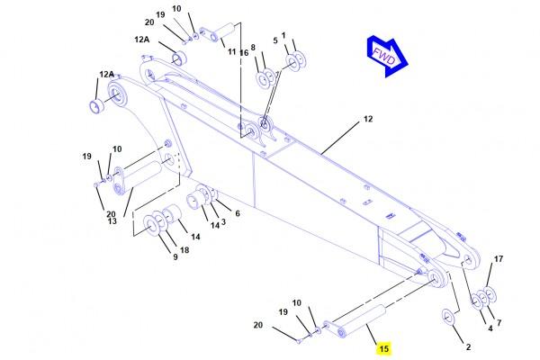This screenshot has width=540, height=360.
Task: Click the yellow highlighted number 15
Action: tap(383, 348)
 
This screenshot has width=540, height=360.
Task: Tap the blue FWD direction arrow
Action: tap(387, 56)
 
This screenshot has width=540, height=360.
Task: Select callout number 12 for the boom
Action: tap(368, 119)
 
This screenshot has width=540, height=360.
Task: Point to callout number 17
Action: tap(499, 258)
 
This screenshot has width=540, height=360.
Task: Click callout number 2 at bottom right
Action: tap(468, 346)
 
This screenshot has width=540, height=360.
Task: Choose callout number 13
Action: tap(112, 221)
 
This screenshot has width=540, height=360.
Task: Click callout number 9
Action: tap(175, 256)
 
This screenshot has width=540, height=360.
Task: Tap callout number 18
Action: tap(184, 250)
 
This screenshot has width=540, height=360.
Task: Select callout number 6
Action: tap(238, 213)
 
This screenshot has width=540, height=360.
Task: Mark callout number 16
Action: tap(244, 53)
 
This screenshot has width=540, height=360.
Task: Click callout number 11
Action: tap(232, 52)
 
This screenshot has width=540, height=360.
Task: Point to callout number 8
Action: tap(253, 47)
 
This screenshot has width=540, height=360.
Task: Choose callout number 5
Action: tap(275, 40)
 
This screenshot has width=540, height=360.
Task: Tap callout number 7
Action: tap(499, 323)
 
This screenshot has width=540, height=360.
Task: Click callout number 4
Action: tap(490, 328)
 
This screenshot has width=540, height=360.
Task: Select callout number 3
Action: tap(223, 222)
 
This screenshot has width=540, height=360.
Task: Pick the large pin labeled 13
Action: tap(138, 180)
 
